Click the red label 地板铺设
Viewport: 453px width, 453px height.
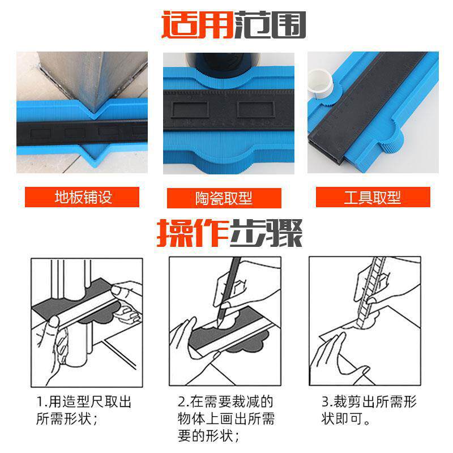82,197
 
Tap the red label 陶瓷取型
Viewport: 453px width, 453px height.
224,198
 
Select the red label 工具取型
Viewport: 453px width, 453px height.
373,197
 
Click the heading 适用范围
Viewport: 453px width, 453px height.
233,25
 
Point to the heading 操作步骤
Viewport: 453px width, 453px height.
229,233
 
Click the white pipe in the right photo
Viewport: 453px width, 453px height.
320,83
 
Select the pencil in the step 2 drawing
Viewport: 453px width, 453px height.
228,292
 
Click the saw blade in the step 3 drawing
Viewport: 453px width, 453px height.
371,292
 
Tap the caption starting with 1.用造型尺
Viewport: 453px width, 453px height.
84,410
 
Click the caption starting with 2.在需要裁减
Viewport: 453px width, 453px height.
226,418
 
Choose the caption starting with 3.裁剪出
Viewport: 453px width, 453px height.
369,410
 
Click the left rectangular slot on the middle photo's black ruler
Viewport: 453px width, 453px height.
190,109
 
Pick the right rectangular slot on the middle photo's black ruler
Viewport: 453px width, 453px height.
256,109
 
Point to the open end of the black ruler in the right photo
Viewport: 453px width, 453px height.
327,149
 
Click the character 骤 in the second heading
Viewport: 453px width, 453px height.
285,233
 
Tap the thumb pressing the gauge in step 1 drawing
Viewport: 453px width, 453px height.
53,321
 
